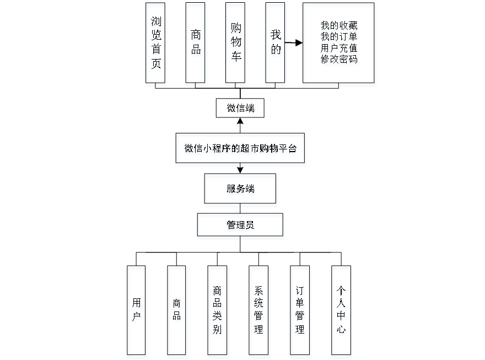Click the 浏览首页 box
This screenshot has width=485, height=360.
point(156,45)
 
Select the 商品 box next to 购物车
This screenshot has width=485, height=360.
point(196,45)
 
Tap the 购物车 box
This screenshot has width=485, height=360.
point(236,45)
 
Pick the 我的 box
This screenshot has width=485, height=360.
point(276,45)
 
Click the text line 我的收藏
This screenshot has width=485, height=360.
point(339,26)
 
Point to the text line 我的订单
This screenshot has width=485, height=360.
point(339,37)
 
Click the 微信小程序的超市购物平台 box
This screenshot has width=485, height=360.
point(240,149)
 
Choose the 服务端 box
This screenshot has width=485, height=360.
point(241,190)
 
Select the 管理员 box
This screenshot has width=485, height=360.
point(241,227)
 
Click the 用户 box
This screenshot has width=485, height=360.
point(137,312)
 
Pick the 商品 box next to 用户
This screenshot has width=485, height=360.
point(177,312)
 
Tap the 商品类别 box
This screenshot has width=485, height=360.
point(218,312)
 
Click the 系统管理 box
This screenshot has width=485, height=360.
point(259,312)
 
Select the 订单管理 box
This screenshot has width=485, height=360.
point(300,312)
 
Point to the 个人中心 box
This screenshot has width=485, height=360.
point(342,312)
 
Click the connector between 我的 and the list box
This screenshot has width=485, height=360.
point(295,42)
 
